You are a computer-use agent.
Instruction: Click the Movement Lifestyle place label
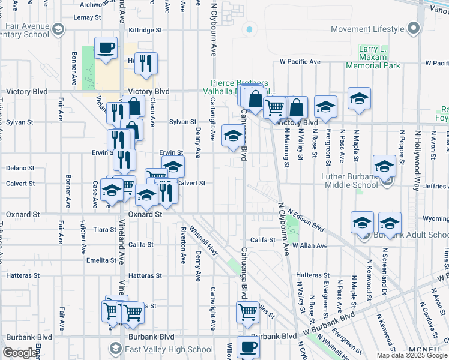367,29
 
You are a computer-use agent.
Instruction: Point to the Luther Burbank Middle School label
349,181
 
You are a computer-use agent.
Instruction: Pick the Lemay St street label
83,17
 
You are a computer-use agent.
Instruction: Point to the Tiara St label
105,229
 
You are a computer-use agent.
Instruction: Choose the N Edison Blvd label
306,220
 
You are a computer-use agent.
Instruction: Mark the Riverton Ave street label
182,245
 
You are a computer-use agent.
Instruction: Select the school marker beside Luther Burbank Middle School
384,166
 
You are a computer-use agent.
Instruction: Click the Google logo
20,353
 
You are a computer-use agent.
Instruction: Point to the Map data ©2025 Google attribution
412,355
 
